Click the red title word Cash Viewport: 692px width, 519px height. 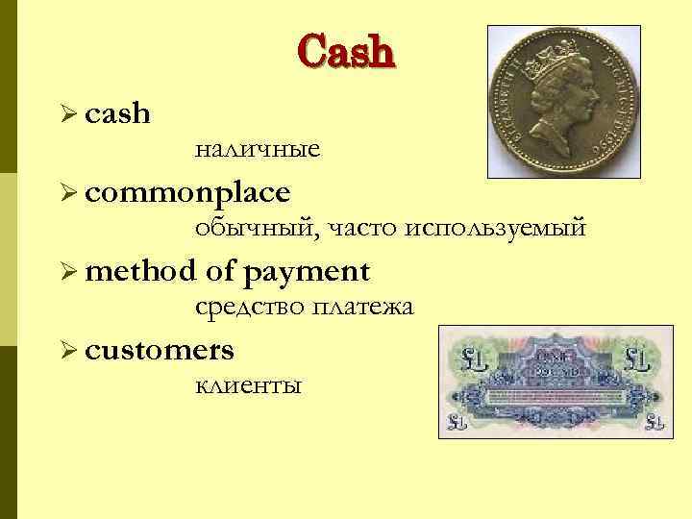pyautogui.click(x=346, y=51)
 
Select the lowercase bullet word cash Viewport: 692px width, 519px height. pyautogui.click(x=117, y=113)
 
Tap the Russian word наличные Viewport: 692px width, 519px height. pyautogui.click(x=257, y=150)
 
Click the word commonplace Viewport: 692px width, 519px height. pyautogui.click(x=187, y=192)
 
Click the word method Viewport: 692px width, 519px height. pyautogui.click(x=140, y=271)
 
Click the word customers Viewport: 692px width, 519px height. pyautogui.click(x=159, y=350)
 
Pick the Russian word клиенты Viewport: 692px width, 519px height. pyautogui.click(x=248, y=386)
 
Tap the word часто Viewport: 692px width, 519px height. pyautogui.click(x=364, y=230)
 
